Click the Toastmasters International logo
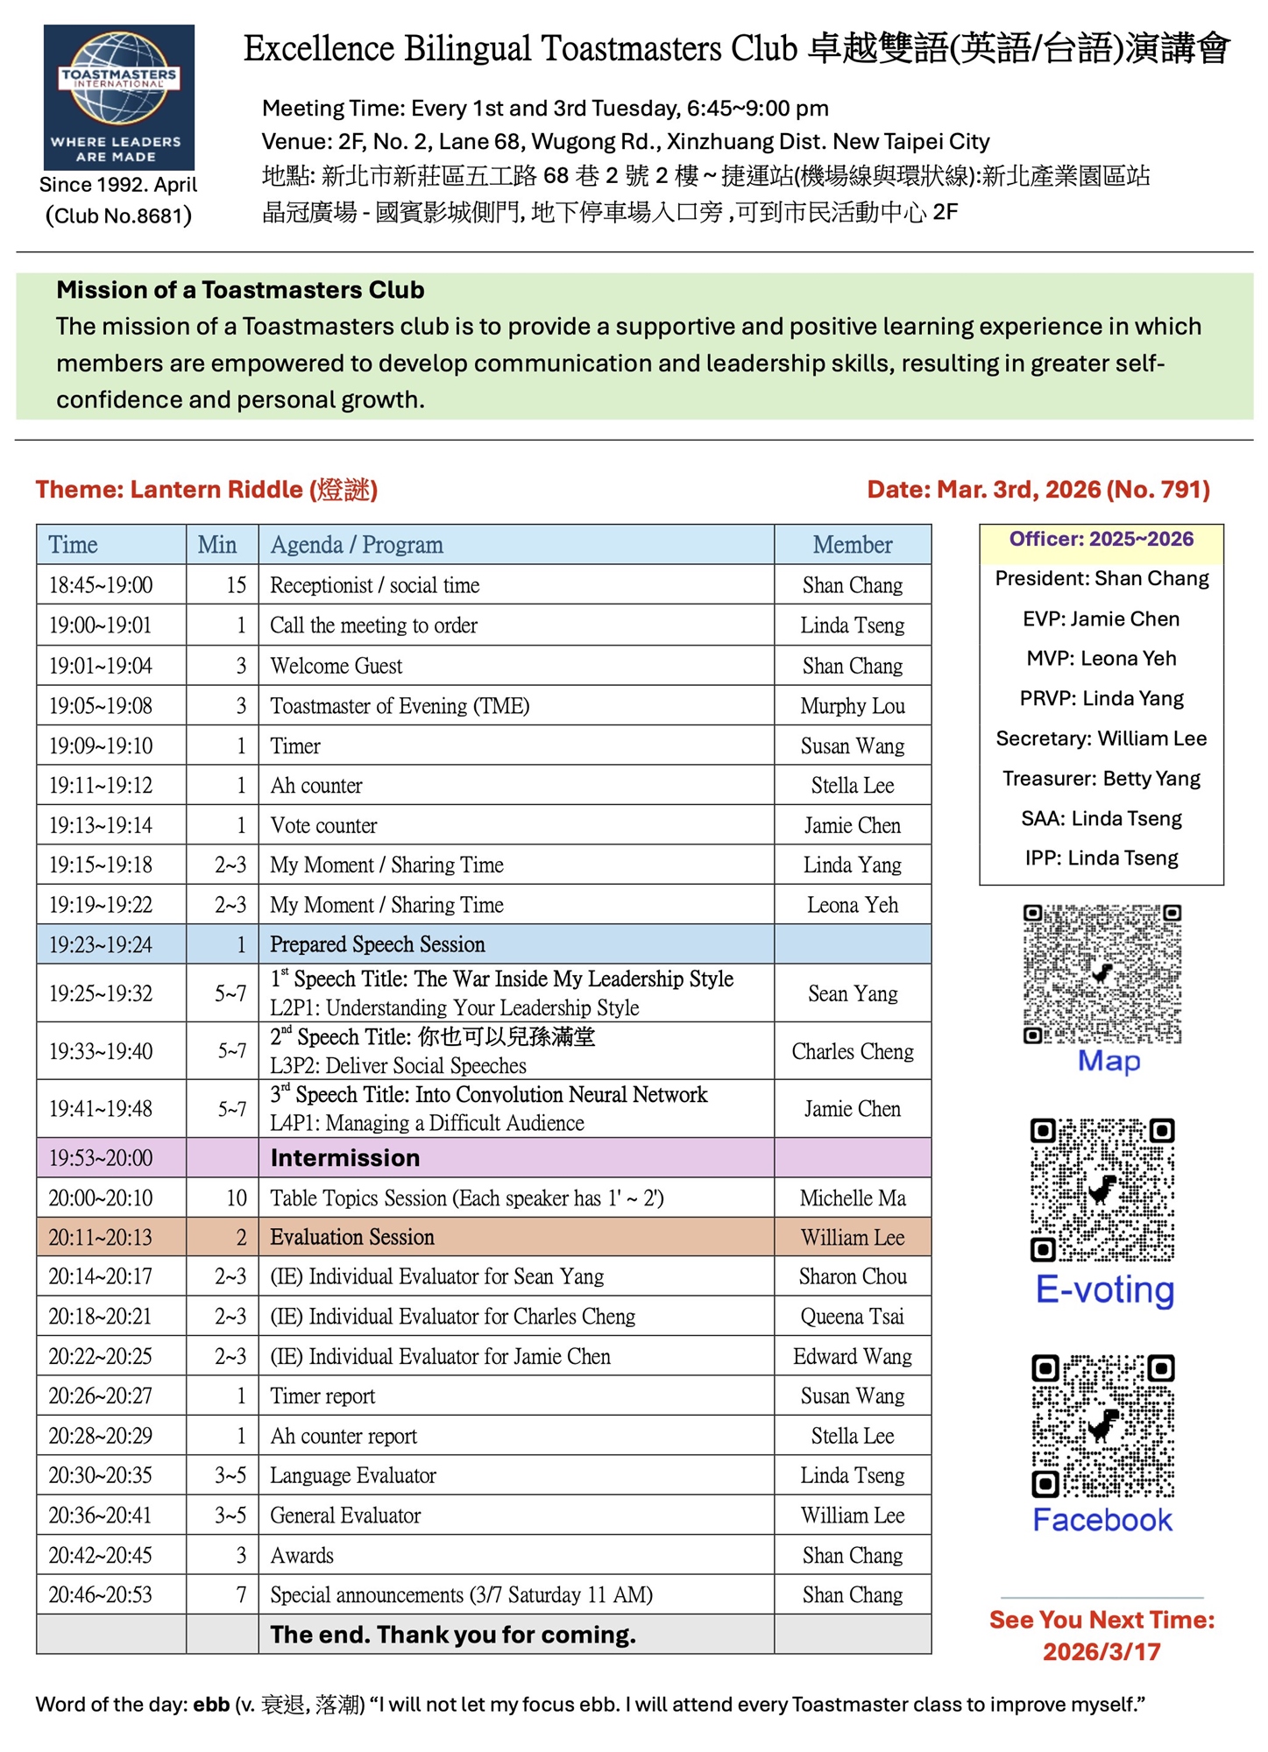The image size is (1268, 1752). tap(119, 97)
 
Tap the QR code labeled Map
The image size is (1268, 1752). tap(1102, 973)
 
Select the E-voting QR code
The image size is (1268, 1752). tap(1102, 1189)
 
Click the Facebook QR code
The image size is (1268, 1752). tap(1102, 1425)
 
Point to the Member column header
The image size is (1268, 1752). tap(852, 545)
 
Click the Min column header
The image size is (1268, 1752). tap(217, 545)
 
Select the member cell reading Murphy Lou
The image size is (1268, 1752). tap(852, 706)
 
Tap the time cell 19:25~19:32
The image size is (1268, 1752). tap(101, 993)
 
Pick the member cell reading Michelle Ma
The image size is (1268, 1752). tap(852, 1197)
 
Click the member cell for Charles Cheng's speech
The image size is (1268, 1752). tap(852, 1051)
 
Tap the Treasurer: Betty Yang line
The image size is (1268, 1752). tap(1101, 779)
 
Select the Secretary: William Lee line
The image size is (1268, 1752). tap(1101, 738)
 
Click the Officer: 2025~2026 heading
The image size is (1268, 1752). tap(1101, 540)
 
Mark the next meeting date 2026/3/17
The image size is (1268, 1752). tap(1101, 1652)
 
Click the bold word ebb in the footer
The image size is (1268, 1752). tap(211, 1705)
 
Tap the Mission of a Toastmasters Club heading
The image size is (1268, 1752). tap(240, 290)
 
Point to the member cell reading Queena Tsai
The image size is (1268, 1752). tap(852, 1317)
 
